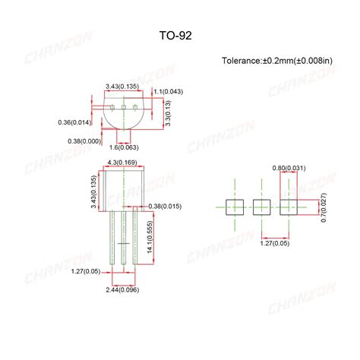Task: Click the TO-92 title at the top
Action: point(179,34)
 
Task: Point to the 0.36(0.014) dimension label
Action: point(74,122)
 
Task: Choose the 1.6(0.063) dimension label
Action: point(124,147)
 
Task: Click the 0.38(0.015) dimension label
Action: point(165,206)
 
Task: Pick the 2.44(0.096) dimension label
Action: point(122,289)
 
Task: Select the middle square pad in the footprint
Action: point(261,206)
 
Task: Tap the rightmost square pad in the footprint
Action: point(289,206)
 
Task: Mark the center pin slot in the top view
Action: point(123,107)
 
